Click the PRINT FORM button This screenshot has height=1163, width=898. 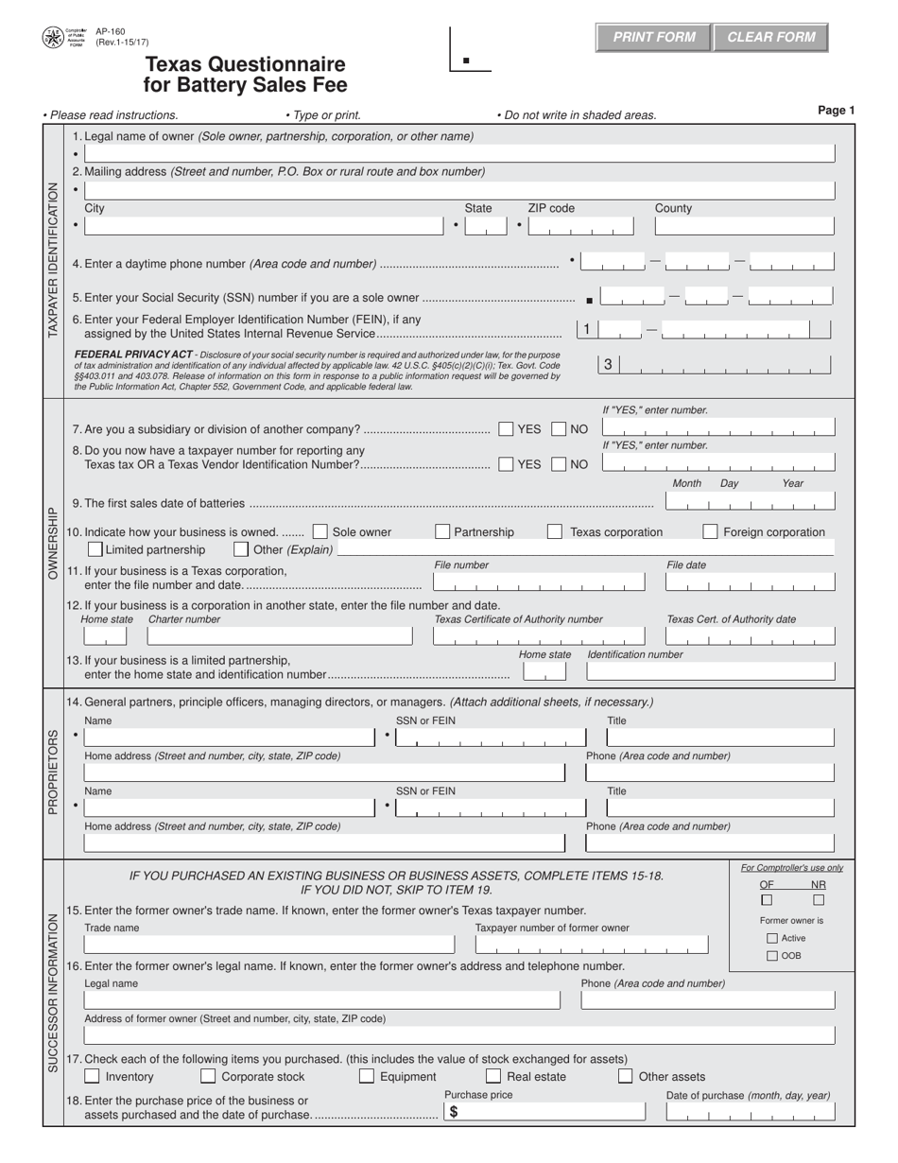click(x=654, y=38)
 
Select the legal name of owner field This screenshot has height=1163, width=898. click(x=459, y=153)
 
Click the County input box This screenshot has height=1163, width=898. click(x=744, y=227)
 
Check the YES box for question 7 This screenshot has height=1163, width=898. click(x=506, y=429)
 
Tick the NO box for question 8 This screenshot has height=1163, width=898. click(x=559, y=464)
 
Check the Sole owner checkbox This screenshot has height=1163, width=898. click(x=319, y=531)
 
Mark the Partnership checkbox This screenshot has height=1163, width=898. click(x=442, y=531)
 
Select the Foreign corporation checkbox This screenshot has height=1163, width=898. click(x=710, y=531)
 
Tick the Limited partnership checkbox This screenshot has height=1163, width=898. click(x=95, y=549)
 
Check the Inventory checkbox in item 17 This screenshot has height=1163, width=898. click(x=92, y=1076)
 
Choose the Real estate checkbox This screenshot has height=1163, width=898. click(x=492, y=1076)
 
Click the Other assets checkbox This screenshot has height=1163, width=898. click(x=625, y=1076)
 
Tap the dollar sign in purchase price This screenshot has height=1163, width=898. click(x=454, y=1113)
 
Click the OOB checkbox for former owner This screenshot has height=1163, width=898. click(x=772, y=956)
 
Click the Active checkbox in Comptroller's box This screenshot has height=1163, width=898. click(x=772, y=938)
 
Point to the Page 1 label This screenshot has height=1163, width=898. click(x=836, y=111)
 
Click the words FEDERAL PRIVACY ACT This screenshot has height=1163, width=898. click(x=132, y=354)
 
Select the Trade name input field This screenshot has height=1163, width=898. click(x=268, y=945)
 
